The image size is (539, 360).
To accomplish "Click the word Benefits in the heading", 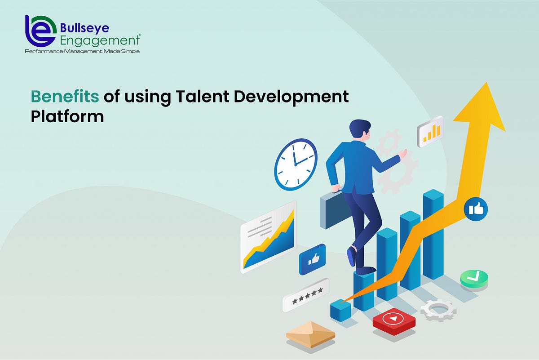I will [x=64, y=97].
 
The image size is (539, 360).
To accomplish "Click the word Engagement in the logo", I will [x=100, y=41].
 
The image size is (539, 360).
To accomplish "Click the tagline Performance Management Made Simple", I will [x=82, y=52].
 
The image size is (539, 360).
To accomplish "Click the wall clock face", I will [x=296, y=164].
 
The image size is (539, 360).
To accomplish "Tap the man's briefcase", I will [x=332, y=211].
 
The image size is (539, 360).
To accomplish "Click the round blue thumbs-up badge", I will [x=476, y=209].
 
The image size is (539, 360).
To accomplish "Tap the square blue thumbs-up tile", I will [x=312, y=259].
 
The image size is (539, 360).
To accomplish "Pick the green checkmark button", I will [x=474, y=279].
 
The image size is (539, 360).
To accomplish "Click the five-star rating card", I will [x=306, y=295].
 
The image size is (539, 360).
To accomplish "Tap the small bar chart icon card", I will [x=430, y=132].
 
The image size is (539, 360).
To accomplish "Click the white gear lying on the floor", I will [x=438, y=310].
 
